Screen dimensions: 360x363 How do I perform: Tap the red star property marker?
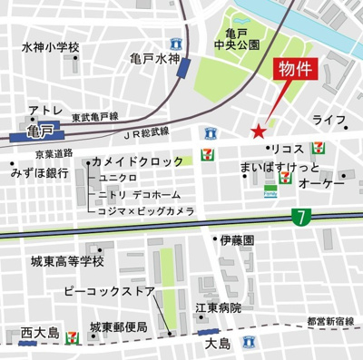tap(259, 131)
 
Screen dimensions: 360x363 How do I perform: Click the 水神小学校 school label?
tap(52, 47)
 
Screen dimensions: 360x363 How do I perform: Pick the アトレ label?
tap(44, 111)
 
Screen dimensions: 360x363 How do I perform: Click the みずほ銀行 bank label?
tap(40, 172)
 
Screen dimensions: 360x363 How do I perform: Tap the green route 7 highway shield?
tap(299, 216)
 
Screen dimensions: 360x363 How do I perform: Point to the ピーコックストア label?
tap(109, 293)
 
